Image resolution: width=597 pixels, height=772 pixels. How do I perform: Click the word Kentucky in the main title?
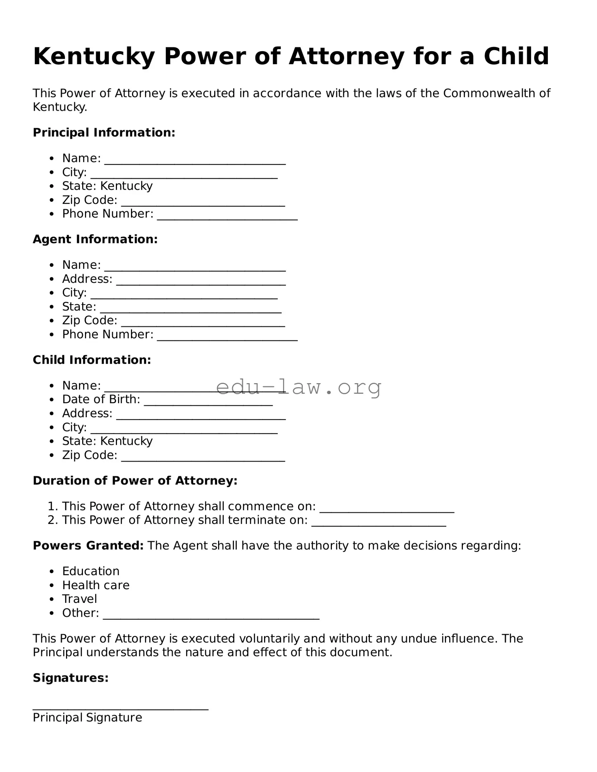[x=94, y=57]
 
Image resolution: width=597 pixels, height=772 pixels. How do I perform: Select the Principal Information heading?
[x=104, y=133]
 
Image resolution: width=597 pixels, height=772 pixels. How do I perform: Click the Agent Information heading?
[x=95, y=239]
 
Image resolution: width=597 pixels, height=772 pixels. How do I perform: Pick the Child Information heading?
[x=92, y=360]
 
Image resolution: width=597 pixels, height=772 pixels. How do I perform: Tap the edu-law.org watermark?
[x=298, y=387]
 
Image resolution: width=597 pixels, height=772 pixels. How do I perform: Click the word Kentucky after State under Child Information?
[x=126, y=441]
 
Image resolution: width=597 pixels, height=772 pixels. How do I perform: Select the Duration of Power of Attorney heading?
[x=135, y=481]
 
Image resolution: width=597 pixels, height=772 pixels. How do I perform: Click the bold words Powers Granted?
[x=88, y=545]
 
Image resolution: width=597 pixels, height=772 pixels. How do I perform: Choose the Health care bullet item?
[x=96, y=585]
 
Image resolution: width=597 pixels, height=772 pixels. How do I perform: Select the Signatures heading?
[x=71, y=678]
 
